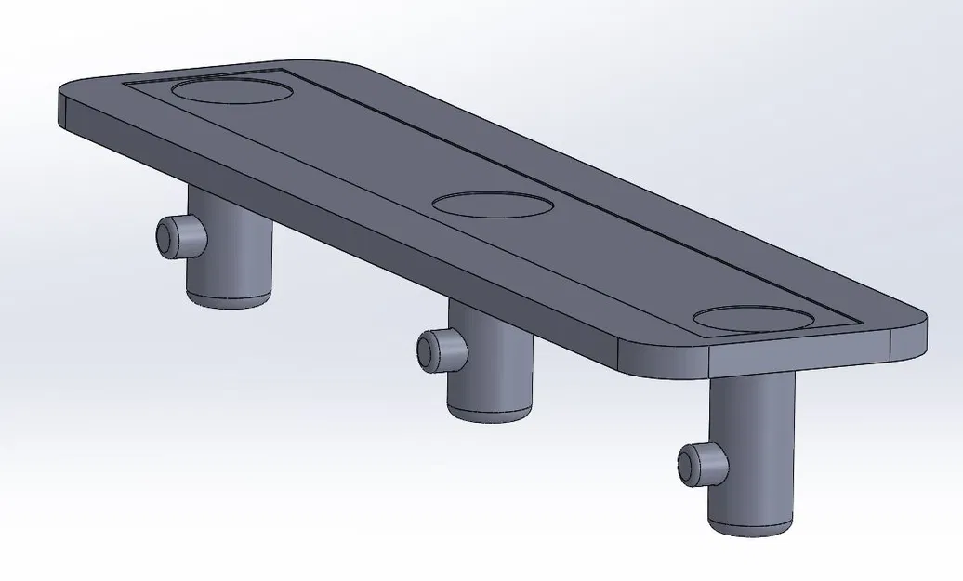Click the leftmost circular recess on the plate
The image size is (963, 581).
pos(231,91)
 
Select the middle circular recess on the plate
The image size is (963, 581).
pos(493,205)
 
